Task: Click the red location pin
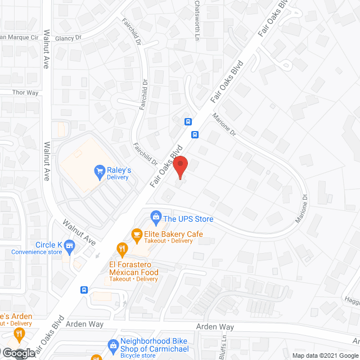tap(179, 168)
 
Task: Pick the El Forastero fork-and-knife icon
tap(121, 247)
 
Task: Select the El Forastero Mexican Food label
tap(133, 268)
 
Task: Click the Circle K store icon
tap(70, 245)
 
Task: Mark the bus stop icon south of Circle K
tap(84, 290)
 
